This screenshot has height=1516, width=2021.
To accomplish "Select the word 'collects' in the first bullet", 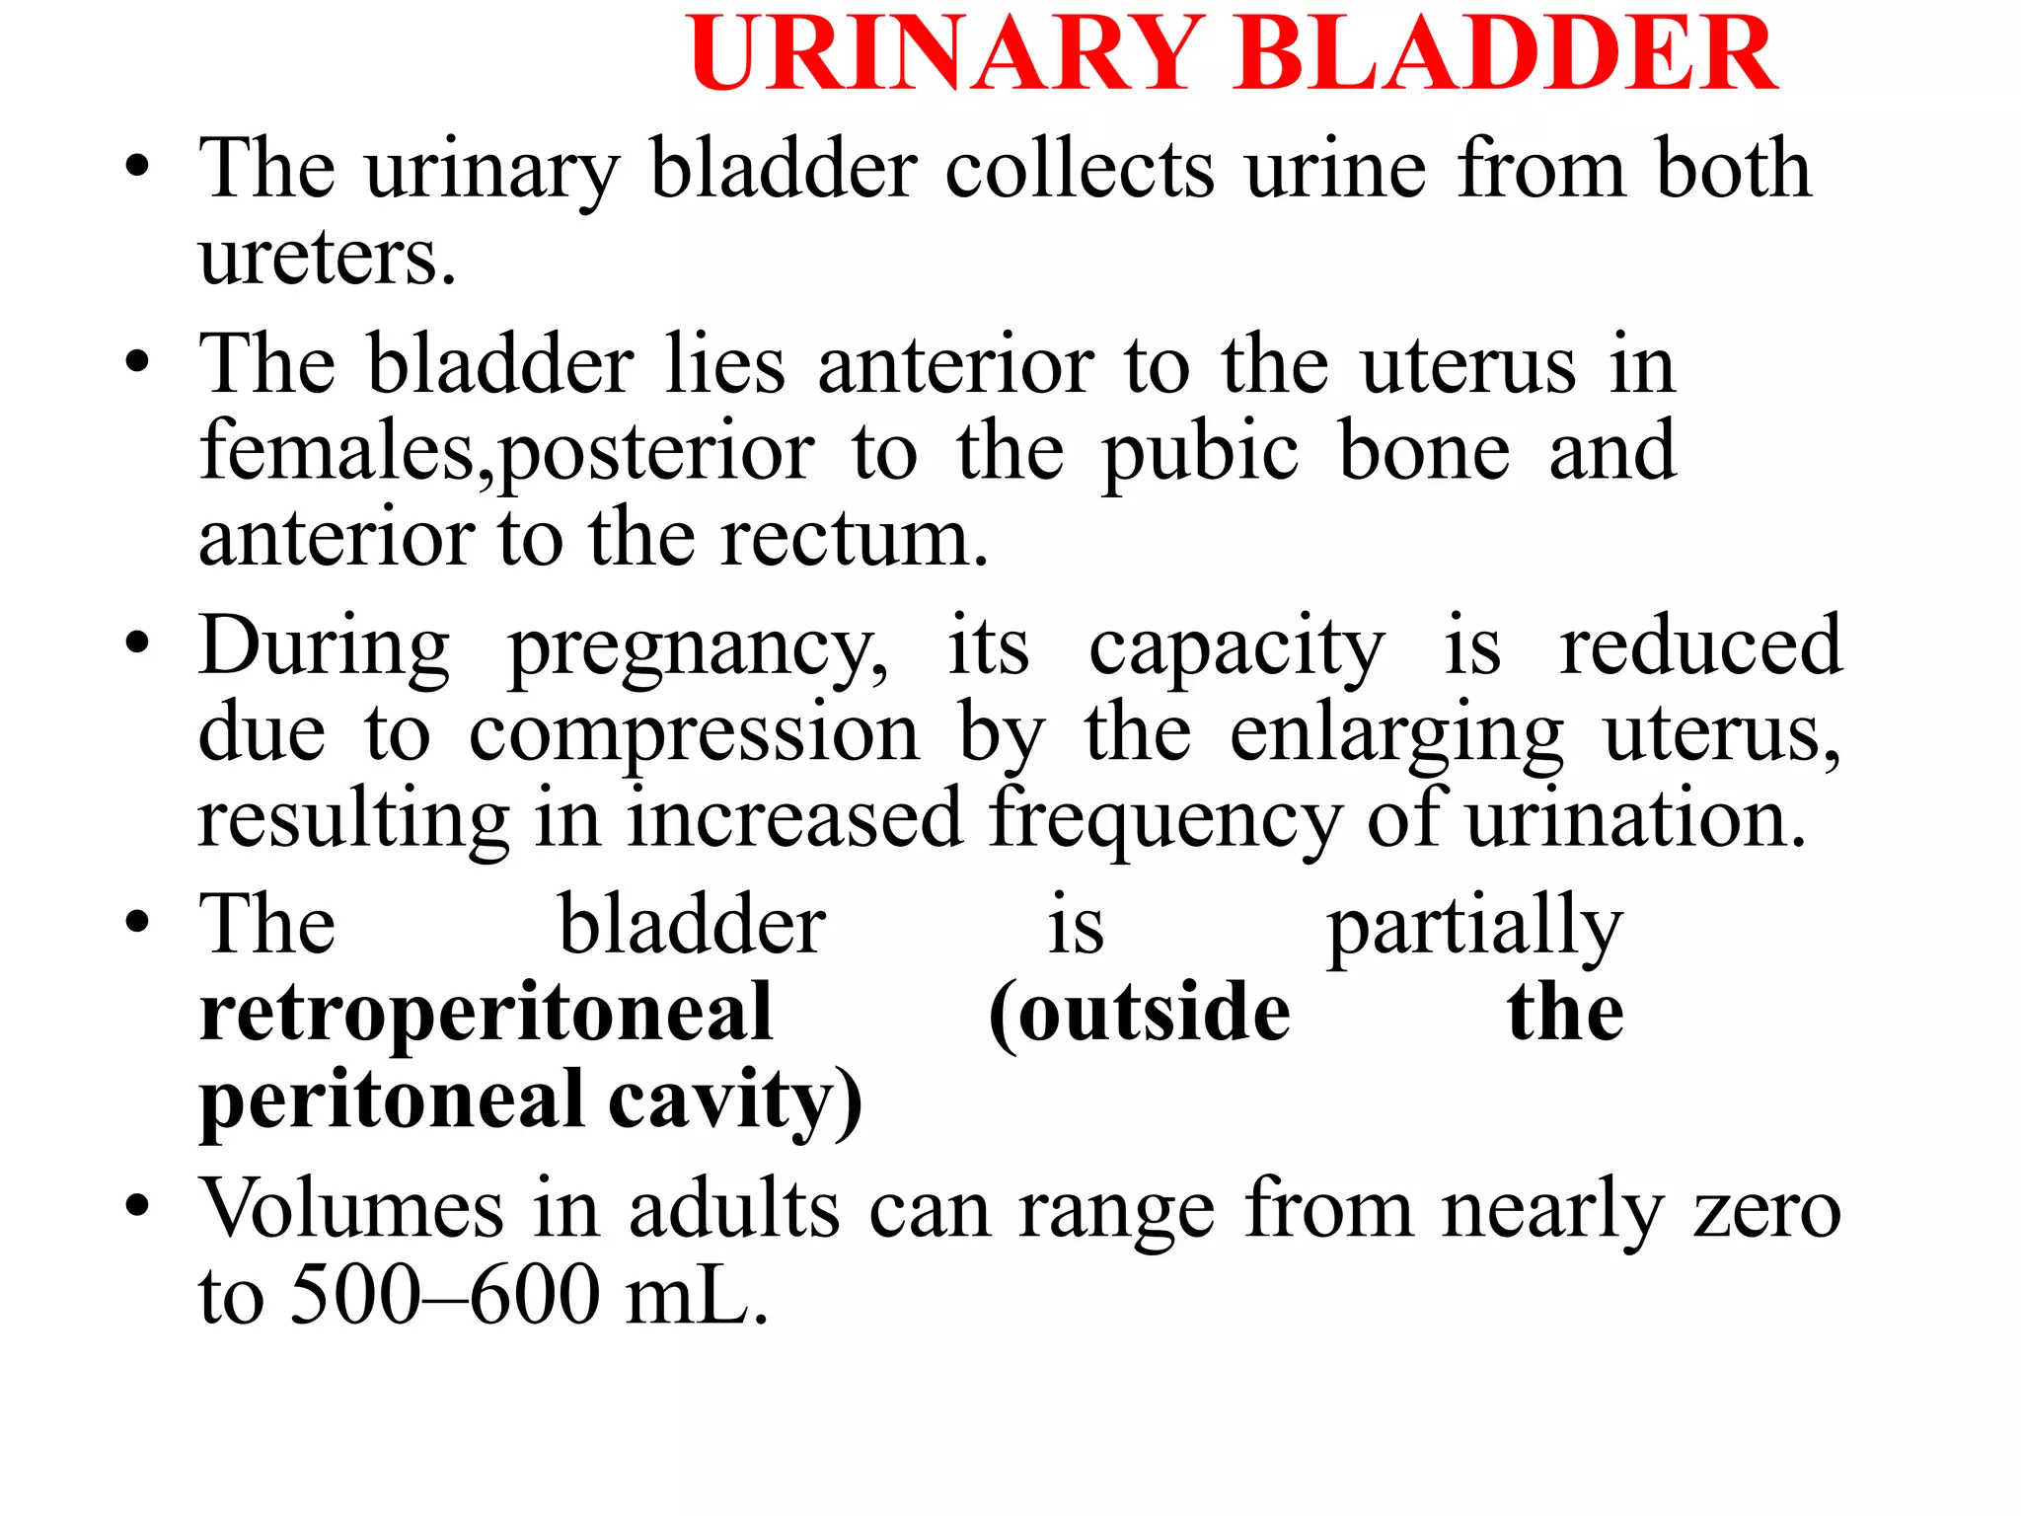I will pos(1080,170).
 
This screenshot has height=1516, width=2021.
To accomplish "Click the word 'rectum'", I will pos(853,540).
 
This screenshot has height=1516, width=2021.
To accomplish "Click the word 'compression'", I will pos(694,736).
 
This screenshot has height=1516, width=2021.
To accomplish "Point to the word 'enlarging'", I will pos(1396,736).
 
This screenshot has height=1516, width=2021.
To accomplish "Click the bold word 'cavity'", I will pos(734,1100).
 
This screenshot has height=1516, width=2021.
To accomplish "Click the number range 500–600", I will pos(445,1295).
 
